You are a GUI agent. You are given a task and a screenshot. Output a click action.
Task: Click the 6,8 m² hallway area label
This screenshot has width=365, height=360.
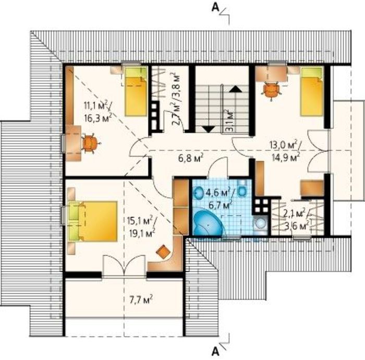[x=191, y=158]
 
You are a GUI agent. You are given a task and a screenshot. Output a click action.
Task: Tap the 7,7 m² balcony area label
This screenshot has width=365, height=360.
[x=141, y=299]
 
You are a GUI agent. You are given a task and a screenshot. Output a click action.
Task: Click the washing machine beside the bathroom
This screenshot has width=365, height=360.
[x=261, y=223]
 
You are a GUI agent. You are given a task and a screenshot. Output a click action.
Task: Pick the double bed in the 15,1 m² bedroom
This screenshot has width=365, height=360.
[x=93, y=221]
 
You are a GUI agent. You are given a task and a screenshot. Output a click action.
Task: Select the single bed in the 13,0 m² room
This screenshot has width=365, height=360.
[x=312, y=91]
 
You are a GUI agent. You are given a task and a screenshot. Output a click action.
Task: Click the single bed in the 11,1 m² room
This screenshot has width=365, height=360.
[x=136, y=91]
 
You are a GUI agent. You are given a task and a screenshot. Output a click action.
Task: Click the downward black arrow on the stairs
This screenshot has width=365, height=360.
[x=209, y=129]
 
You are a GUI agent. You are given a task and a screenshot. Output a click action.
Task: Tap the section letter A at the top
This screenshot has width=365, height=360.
[x=215, y=7]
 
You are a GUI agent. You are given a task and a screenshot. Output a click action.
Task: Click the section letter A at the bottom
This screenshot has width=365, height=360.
[x=215, y=352]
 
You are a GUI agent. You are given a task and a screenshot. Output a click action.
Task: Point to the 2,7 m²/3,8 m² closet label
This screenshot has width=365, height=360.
[x=177, y=100]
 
